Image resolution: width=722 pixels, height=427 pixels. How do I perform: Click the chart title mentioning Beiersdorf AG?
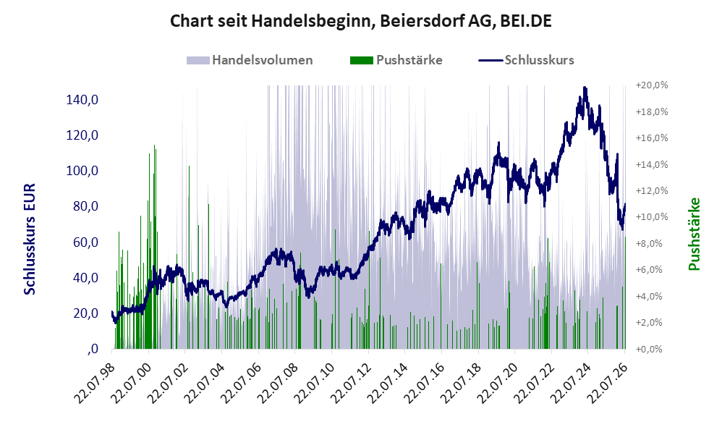click(x=360, y=21)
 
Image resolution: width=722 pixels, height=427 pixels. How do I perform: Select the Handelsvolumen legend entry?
click(x=250, y=60)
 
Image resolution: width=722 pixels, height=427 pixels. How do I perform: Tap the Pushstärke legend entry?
click(x=396, y=60)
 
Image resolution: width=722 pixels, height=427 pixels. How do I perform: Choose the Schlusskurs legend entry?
click(x=526, y=60)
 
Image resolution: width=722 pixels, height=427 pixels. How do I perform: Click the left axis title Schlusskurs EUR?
click(x=30, y=239)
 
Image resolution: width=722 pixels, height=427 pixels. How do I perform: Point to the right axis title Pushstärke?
click(x=694, y=234)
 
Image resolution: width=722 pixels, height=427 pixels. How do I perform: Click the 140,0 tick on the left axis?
click(x=82, y=99)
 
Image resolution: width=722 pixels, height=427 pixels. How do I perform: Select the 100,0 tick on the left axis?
click(x=82, y=171)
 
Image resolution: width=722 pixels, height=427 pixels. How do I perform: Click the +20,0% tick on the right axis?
click(x=652, y=85)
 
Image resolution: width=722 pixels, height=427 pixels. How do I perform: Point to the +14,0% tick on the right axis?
click(x=652, y=164)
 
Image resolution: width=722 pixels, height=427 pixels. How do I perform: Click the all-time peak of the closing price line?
click(x=585, y=87)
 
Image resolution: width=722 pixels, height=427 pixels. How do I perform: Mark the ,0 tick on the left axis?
click(x=93, y=349)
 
